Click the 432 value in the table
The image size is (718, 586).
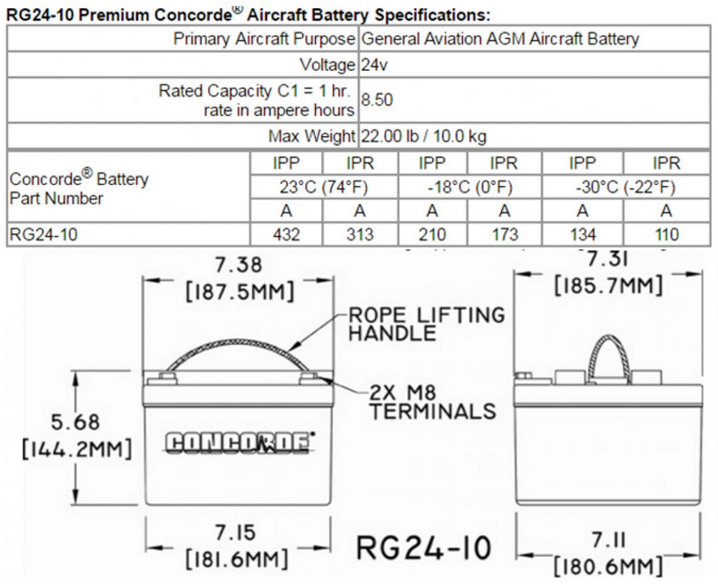[x=287, y=233]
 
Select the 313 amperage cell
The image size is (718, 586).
[x=359, y=233]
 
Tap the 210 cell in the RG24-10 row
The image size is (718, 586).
[x=431, y=233]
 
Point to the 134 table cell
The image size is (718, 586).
[x=583, y=233]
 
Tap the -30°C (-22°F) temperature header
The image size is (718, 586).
[x=625, y=188]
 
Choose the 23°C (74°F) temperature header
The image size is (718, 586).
[x=322, y=188]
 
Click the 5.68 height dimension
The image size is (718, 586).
[x=75, y=423]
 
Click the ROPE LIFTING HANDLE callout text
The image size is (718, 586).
[x=426, y=324]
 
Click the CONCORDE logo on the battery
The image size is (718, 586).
[x=238, y=442]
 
